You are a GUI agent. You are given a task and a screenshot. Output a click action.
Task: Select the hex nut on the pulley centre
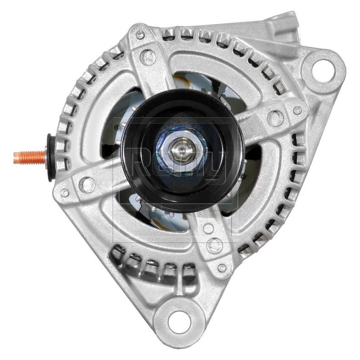tap(181, 150)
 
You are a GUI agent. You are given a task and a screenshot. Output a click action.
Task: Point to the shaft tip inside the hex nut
tap(181, 149)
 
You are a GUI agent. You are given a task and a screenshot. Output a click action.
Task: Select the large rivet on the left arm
tap(88, 184)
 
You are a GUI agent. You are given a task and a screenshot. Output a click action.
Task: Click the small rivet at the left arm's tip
tap(65, 193)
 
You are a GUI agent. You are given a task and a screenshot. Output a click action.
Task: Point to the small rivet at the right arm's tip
tap(298, 110)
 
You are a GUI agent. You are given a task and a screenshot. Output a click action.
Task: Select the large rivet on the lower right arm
tap(215, 245)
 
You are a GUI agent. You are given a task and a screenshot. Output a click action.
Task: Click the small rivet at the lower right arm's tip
tap(222, 267)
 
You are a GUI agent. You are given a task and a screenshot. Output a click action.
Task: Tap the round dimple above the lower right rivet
tap(208, 229)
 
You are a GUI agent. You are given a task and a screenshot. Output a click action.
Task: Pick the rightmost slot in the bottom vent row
tap(188, 271)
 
